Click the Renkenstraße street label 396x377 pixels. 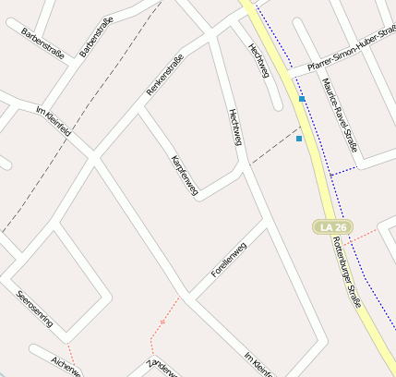(x=165, y=75)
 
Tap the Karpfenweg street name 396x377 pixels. (x=185, y=175)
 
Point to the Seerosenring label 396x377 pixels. (x=35, y=310)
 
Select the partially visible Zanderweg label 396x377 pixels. (x=162, y=367)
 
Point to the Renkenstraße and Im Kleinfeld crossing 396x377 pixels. (x=93, y=156)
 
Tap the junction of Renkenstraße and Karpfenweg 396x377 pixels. (x=140, y=111)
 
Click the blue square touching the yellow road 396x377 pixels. (x=302, y=98)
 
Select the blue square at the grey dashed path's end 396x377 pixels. (x=299, y=139)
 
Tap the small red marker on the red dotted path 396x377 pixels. (x=162, y=322)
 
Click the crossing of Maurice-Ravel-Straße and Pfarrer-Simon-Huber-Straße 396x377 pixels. (x=317, y=65)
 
